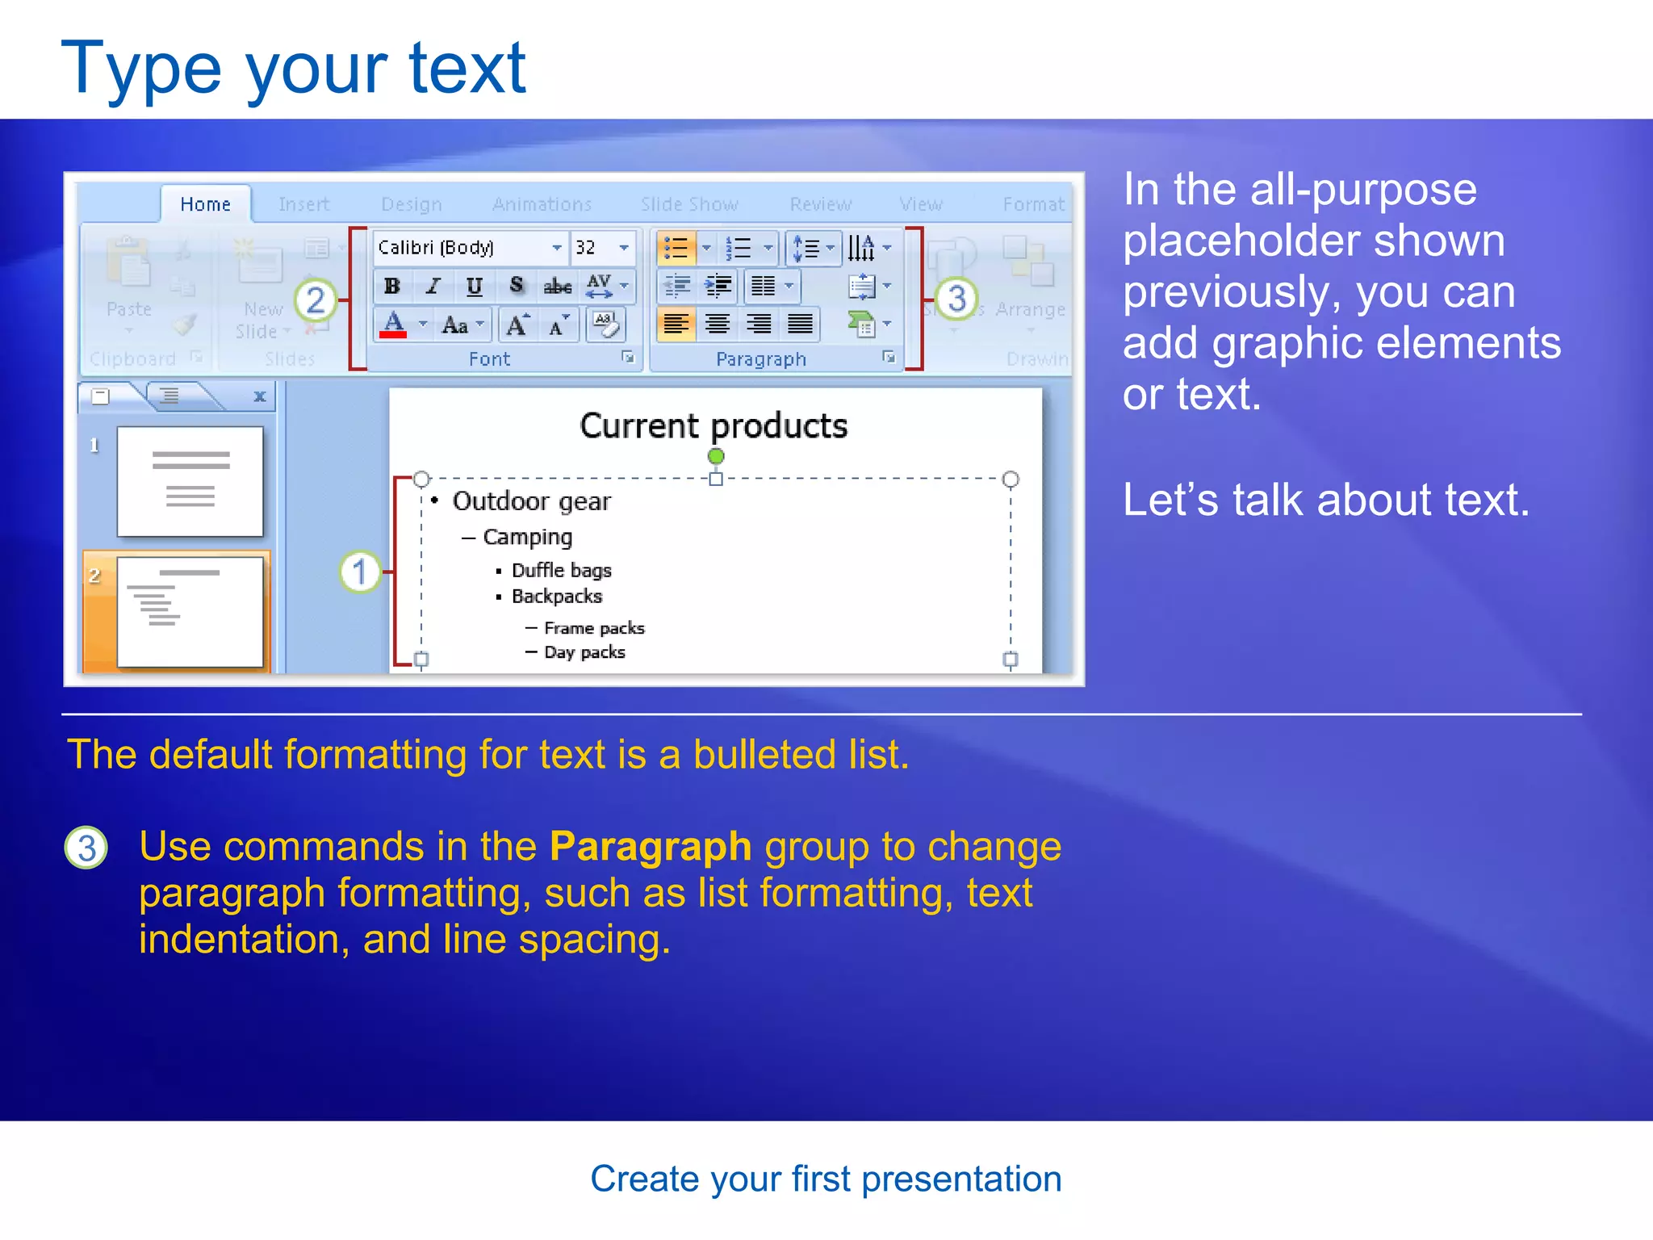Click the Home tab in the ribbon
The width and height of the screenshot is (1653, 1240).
coord(205,204)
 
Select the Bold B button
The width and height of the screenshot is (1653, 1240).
coord(392,286)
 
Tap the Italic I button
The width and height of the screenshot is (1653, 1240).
coord(433,286)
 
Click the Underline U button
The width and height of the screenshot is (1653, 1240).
coord(475,286)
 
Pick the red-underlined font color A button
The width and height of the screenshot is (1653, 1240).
coord(393,325)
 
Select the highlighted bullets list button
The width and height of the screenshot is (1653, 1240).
coord(676,248)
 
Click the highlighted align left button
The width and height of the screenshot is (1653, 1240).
coord(676,325)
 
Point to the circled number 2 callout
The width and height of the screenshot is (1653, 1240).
coord(316,300)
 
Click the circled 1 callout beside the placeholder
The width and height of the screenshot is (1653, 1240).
coord(359,572)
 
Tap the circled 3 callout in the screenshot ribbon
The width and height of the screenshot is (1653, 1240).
coord(956,298)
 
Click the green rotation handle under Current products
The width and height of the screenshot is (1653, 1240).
coord(715,456)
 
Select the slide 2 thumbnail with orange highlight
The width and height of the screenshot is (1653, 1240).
coord(190,612)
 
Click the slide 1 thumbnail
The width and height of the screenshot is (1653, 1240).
coord(190,481)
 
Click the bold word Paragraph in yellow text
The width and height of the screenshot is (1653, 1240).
coord(650,847)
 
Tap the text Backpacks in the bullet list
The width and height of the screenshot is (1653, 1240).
coord(557,597)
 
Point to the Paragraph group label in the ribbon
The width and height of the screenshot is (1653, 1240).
coord(760,359)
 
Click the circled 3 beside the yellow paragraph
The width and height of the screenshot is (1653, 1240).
coord(86,848)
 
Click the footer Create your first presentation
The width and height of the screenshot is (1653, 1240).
coord(826,1179)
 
